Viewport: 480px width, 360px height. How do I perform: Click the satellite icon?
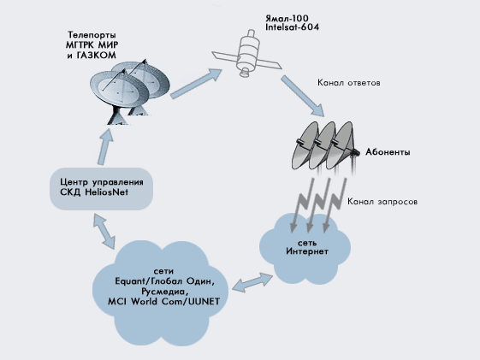tap(247, 55)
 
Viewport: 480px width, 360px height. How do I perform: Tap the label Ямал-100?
tap(287, 18)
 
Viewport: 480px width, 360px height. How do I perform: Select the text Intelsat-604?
tap(293, 27)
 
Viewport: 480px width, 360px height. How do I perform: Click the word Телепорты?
tap(92, 35)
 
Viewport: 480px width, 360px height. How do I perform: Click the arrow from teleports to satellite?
tap(196, 83)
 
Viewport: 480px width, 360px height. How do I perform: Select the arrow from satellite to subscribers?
tap(303, 96)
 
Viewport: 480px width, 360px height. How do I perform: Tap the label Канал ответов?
tap(349, 83)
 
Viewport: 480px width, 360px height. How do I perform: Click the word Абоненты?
tap(388, 152)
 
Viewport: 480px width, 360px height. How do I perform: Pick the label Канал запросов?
tap(382, 202)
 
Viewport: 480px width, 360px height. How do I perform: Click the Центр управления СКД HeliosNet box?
tap(101, 189)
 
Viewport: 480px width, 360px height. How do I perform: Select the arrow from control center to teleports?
tap(105, 146)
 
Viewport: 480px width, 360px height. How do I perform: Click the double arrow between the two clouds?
tap(252, 282)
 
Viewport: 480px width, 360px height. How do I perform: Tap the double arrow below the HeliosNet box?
tap(104, 231)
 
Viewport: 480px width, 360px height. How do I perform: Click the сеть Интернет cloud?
tap(305, 248)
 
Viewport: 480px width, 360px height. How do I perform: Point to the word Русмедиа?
tap(163, 292)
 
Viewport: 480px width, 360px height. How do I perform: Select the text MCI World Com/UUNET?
tap(163, 302)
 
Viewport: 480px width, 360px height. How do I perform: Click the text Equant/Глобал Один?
tap(163, 281)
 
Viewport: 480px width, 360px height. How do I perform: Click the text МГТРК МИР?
tap(92, 45)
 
